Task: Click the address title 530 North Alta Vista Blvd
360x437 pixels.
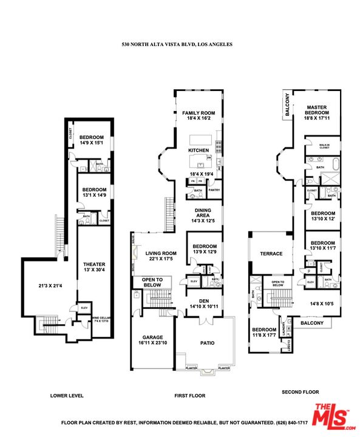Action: [177, 44]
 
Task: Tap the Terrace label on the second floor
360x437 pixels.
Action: [271, 254]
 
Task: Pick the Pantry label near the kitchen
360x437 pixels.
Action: [214, 190]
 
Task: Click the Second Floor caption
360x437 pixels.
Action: [300, 392]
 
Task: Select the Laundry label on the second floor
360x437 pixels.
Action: [282, 325]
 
